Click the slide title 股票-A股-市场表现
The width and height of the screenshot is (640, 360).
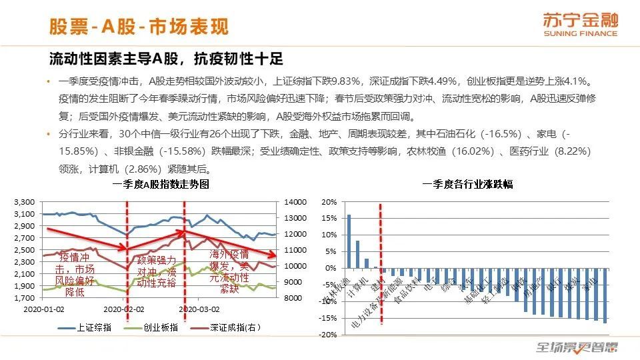coord(139,26)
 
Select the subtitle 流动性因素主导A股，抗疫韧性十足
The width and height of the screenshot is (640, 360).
coord(166,59)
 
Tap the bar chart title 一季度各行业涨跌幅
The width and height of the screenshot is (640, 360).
coord(467,185)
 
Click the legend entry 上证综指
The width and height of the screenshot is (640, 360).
coord(91,327)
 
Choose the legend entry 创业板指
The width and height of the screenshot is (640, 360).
coord(157,327)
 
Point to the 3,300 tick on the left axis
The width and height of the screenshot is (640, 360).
coord(24,201)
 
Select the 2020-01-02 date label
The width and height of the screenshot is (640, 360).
coord(44,310)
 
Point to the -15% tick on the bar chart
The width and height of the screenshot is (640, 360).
coord(327,318)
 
